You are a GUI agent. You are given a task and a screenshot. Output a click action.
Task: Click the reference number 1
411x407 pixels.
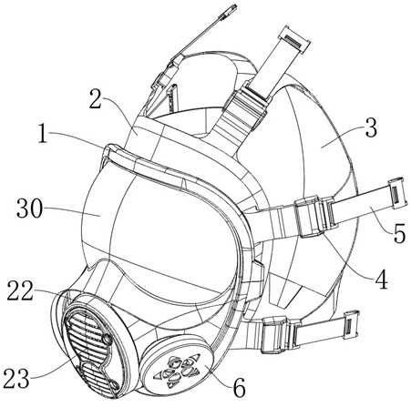pos(44,133)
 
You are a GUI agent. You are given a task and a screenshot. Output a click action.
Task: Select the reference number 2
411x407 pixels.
pos(96,99)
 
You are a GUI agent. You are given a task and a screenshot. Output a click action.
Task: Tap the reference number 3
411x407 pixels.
pos(371,127)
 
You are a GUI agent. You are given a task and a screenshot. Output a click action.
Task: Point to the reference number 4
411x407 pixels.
pos(381,279)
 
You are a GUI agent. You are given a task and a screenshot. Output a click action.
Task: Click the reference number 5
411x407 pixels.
pos(400,233)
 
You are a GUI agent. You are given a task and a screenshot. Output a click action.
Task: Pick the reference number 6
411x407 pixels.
pos(240,388)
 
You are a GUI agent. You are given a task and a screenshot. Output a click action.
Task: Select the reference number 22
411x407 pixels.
pos(20,290)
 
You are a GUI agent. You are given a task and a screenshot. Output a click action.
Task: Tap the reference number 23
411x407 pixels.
pos(16,378)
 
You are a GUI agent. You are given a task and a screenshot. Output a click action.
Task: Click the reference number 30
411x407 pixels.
pos(29,208)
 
